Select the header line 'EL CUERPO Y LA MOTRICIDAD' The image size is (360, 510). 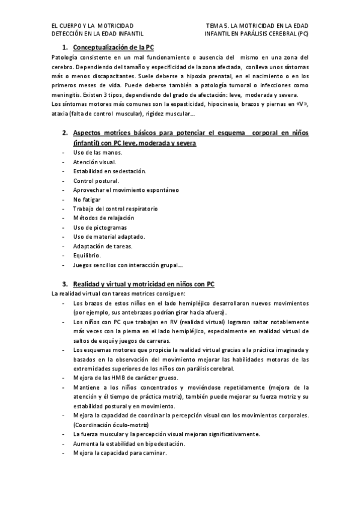[93, 26]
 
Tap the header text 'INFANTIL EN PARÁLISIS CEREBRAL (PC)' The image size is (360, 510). [256, 35]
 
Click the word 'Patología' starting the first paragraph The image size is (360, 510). [64, 57]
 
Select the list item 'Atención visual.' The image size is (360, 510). [94, 162]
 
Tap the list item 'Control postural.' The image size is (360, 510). [96, 180]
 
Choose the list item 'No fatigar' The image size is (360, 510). [87, 199]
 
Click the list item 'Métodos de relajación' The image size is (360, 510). [103, 218]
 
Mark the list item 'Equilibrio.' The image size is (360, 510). [87, 255]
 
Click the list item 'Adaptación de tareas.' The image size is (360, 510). [102, 246]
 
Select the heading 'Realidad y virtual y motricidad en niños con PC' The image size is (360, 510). [144, 284]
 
